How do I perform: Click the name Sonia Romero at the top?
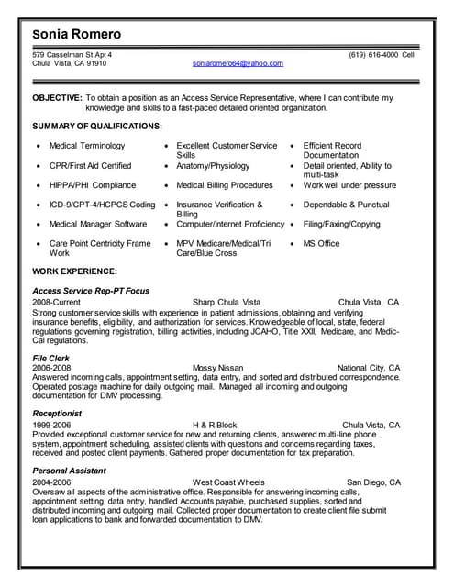pyautogui.click(x=76, y=35)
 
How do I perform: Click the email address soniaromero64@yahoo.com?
pyautogui.click(x=238, y=63)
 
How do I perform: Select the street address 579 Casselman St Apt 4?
pyautogui.click(x=72, y=54)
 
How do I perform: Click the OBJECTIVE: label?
pyautogui.click(x=57, y=97)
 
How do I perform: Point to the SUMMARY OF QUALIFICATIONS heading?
pyautogui.click(x=97, y=126)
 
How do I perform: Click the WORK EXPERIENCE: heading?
pyautogui.click(x=74, y=271)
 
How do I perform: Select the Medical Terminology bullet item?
pyautogui.click(x=87, y=146)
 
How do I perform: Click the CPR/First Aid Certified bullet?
pyautogui.click(x=90, y=166)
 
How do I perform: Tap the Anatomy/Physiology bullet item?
pyautogui.click(x=213, y=166)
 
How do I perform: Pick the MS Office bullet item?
pyautogui.click(x=321, y=243)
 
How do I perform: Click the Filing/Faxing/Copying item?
pyautogui.click(x=341, y=224)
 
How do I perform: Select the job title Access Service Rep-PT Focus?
pyautogui.click(x=91, y=291)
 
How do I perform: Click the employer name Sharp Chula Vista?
pyautogui.click(x=227, y=301)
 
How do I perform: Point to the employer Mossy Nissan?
pyautogui.click(x=218, y=368)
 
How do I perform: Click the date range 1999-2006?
pyautogui.click(x=51, y=426)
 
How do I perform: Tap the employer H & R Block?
pyautogui.click(x=215, y=426)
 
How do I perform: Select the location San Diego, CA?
pyautogui.click(x=373, y=482)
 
